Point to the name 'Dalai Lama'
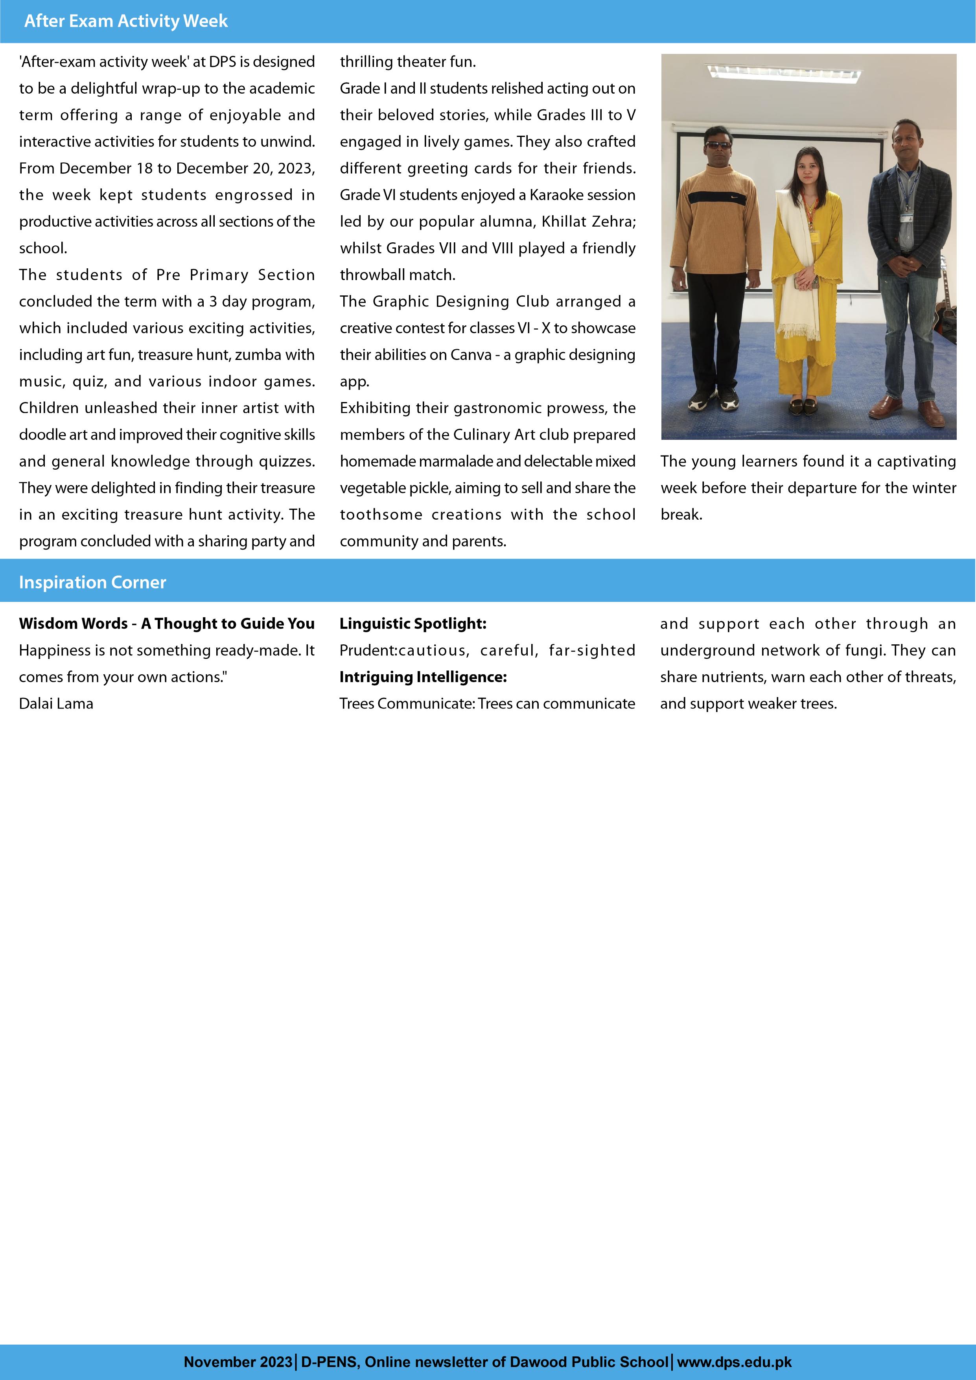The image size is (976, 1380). tap(56, 704)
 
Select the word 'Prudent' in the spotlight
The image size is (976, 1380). tap(366, 650)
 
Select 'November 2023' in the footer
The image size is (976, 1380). tap(238, 1362)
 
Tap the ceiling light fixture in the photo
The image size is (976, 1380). tap(784, 73)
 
